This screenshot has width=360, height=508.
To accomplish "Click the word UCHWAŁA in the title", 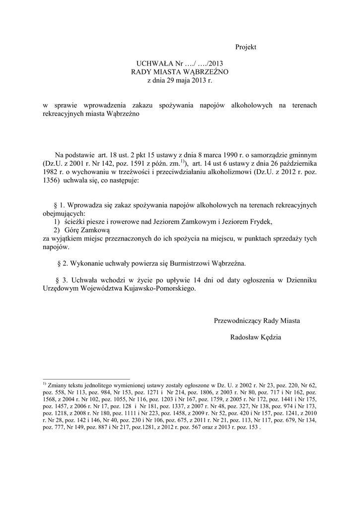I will [152, 64].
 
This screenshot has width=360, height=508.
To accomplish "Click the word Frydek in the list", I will [260, 222].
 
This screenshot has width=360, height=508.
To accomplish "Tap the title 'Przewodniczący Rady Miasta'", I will [256, 321].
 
